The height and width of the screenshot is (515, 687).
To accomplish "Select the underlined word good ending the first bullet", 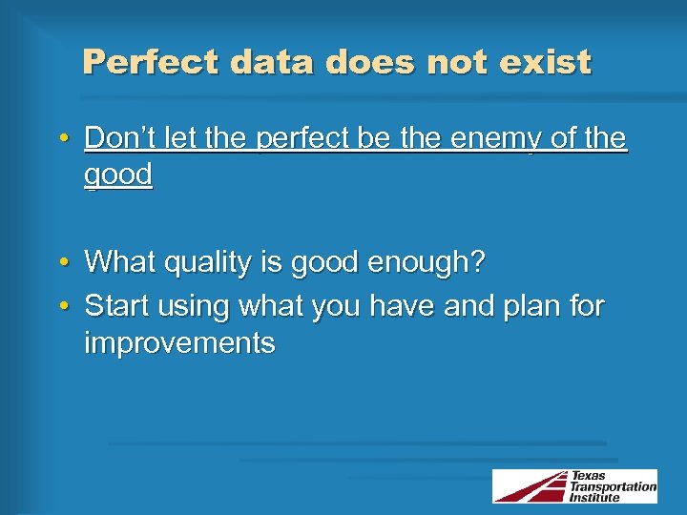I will click(118, 175).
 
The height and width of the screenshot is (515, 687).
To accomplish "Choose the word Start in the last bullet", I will click(118, 306).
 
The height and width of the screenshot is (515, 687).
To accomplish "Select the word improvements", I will click(179, 342).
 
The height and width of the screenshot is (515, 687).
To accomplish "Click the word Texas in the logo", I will click(589, 476).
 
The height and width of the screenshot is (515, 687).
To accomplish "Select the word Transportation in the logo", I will click(613, 486).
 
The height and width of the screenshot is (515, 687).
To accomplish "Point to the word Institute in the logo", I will click(594, 497).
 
